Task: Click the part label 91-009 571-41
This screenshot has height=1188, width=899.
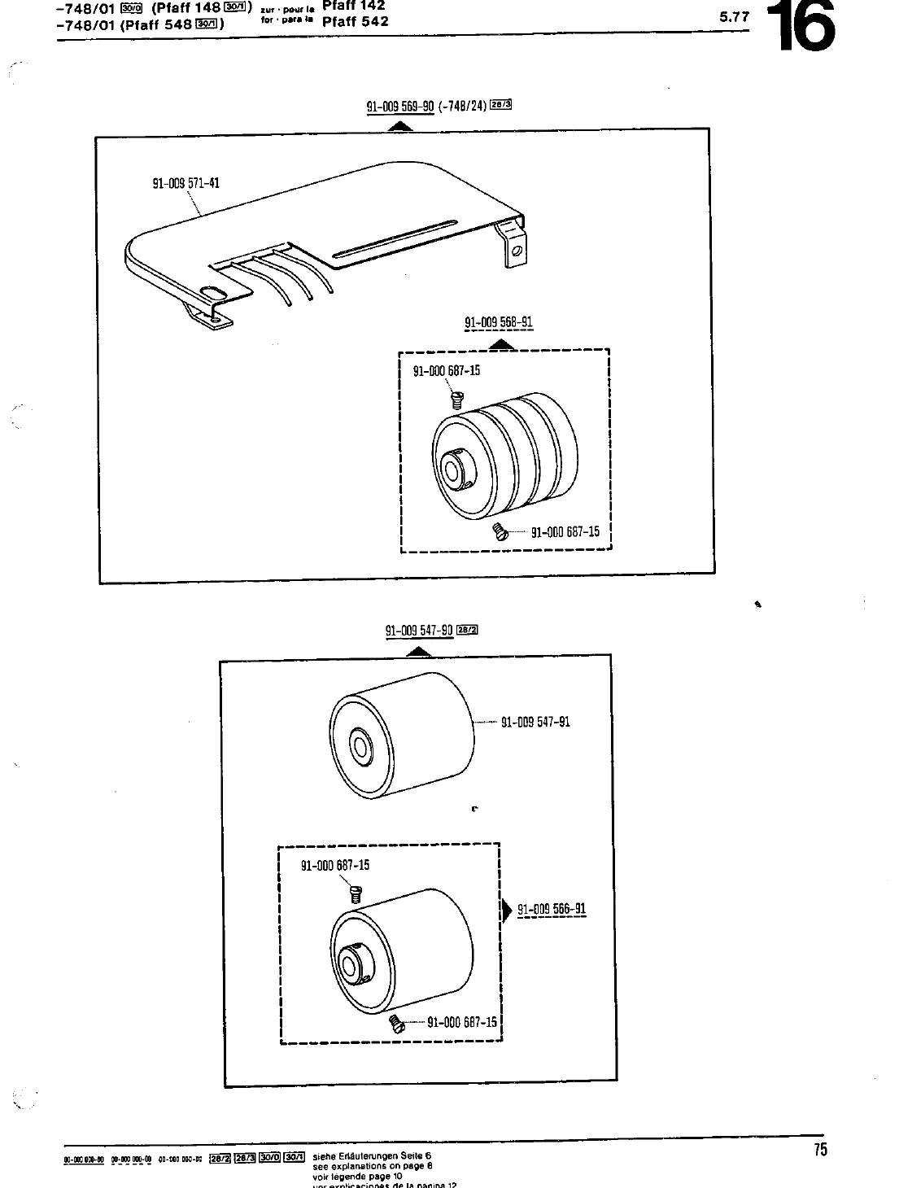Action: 185,183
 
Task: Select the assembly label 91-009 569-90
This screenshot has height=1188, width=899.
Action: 401,106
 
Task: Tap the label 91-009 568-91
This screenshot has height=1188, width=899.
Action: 498,322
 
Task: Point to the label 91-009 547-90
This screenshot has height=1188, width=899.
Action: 419,630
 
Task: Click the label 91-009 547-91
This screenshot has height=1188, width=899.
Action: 535,722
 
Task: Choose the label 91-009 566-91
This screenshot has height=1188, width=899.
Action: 552,910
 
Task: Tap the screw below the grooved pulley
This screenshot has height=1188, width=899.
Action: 500,532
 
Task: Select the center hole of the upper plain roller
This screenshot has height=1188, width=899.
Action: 357,745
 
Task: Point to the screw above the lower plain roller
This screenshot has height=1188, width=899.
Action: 355,894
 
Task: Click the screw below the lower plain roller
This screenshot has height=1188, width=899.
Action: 396,1022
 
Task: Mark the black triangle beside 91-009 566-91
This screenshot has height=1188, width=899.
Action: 507,910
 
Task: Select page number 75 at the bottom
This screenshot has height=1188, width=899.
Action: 819,1150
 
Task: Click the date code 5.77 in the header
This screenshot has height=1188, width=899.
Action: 735,15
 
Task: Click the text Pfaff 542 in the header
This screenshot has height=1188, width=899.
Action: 355,21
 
